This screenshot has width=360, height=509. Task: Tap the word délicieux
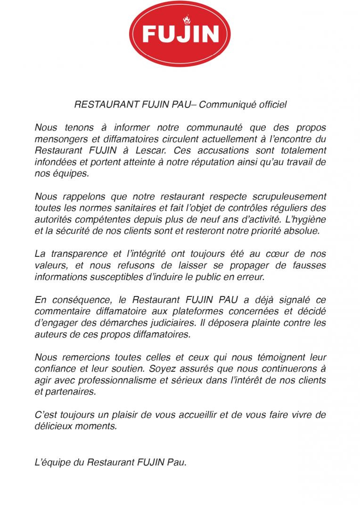pyautogui.click(x=54, y=426)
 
